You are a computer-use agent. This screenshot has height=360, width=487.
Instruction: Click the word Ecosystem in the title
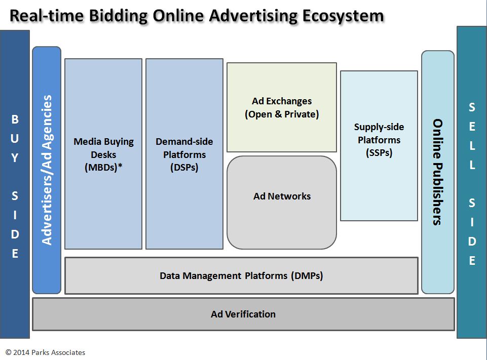[343, 16]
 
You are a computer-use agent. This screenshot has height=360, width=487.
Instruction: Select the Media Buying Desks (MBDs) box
[103, 154]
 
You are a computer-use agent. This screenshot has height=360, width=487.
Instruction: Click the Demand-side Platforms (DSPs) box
[184, 154]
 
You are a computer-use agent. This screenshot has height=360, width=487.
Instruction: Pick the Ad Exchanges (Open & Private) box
[282, 107]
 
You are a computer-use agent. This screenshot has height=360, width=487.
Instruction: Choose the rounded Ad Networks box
[282, 203]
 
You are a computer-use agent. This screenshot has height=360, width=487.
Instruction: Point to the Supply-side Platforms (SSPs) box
[379, 146]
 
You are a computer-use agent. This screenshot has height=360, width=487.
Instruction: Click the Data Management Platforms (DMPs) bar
[241, 275]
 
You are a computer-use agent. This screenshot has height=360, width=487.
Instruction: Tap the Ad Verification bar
[243, 314]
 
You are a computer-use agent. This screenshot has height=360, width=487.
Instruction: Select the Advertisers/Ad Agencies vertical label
[47, 170]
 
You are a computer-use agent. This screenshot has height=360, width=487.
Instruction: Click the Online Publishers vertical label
[438, 172]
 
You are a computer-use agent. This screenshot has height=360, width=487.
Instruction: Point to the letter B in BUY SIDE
[15, 119]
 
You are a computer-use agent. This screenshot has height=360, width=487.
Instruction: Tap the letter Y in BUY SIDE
[15, 157]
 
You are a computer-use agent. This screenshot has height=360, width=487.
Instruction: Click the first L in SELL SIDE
[472, 145]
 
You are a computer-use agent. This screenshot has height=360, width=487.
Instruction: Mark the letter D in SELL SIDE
[472, 241]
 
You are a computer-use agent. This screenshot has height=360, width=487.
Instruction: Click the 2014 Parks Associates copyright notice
[45, 352]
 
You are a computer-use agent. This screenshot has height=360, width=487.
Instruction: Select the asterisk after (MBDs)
[120, 166]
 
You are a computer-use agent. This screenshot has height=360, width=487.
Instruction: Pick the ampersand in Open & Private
[278, 114]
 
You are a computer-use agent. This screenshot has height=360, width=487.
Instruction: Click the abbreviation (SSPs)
[379, 153]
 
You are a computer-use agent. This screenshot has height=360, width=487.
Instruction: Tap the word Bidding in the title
[119, 16]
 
